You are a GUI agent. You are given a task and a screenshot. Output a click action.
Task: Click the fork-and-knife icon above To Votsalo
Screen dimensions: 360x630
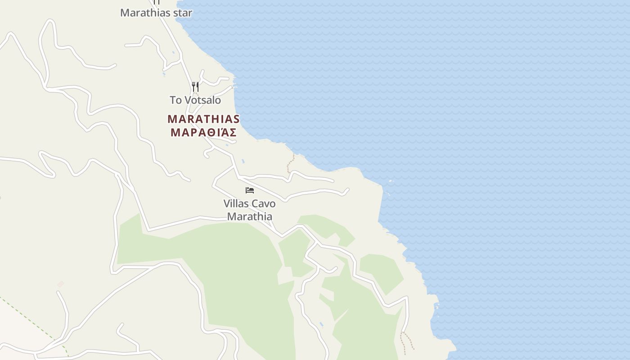(x=195, y=86)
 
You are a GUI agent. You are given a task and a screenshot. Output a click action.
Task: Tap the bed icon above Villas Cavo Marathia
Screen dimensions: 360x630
(x=250, y=190)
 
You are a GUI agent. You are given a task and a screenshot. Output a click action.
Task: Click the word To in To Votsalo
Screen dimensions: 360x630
(x=175, y=100)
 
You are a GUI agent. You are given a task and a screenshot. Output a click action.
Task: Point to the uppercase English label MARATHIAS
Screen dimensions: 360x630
(x=203, y=119)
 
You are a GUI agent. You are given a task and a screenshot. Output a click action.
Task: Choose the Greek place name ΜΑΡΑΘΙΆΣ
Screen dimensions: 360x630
(x=203, y=133)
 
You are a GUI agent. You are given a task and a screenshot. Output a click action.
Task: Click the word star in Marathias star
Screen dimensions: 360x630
(x=183, y=13)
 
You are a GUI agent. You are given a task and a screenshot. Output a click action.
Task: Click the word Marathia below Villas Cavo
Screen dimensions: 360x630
(x=249, y=216)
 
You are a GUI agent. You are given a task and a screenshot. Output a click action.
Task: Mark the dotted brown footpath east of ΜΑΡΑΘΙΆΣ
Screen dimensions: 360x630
(x=291, y=163)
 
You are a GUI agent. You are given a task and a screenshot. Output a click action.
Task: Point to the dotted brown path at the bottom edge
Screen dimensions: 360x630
(x=407, y=342)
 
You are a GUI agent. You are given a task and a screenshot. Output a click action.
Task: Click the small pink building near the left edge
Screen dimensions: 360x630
(x=60, y=284)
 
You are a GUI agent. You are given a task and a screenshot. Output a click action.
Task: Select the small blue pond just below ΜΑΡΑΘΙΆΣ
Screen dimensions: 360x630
(x=243, y=161)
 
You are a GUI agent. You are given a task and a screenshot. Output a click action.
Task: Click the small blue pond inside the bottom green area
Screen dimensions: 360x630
(x=321, y=324)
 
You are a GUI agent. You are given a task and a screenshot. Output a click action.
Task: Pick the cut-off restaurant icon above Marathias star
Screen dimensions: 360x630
(x=157, y=2)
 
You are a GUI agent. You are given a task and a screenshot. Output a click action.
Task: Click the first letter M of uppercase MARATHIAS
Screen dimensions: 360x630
(x=172, y=119)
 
